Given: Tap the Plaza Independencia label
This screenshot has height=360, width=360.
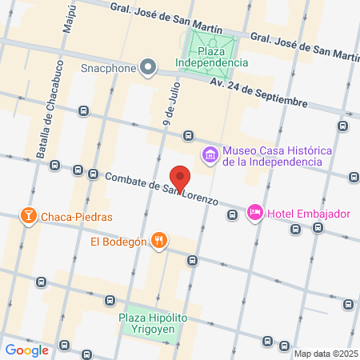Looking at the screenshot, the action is coord(213,55).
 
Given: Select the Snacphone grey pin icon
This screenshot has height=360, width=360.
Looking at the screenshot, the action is coord(149,68).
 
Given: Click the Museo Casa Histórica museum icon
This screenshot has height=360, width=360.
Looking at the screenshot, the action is coord(210,153).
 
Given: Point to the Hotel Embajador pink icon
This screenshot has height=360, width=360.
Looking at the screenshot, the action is coord(254,213).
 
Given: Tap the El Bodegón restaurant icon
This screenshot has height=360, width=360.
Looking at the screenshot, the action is coord(160,240).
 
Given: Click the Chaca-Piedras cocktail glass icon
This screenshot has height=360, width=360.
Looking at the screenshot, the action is coord(27,216).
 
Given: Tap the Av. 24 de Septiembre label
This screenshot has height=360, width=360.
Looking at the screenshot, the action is coord(259,92).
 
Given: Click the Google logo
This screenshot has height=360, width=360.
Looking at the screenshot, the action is coord(26,350).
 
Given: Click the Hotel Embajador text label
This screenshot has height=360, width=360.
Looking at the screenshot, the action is coord(309,214).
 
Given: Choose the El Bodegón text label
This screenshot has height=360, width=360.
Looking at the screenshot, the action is coord(118,241).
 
